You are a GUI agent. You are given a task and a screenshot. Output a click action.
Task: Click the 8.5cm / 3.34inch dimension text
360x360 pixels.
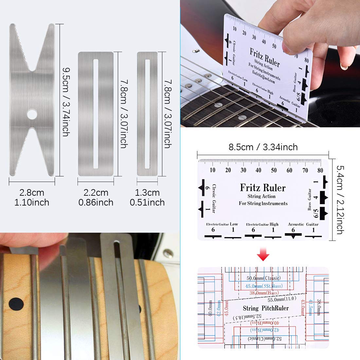(x=263, y=147)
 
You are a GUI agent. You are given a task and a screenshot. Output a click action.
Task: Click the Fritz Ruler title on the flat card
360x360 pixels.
(x=263, y=188)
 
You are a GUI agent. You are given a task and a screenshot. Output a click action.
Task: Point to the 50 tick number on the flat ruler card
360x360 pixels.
(x=274, y=170)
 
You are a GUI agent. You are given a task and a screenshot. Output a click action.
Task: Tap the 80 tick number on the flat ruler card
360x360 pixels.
(x=320, y=170)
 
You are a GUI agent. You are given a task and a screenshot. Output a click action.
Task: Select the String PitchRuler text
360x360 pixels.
(x=266, y=308)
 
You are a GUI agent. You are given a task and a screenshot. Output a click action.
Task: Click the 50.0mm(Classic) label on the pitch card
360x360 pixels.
(x=263, y=278)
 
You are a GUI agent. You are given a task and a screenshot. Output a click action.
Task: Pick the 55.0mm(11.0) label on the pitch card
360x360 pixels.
(x=282, y=299)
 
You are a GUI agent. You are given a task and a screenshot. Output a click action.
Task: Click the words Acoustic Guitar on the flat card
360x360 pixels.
(x=303, y=224)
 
